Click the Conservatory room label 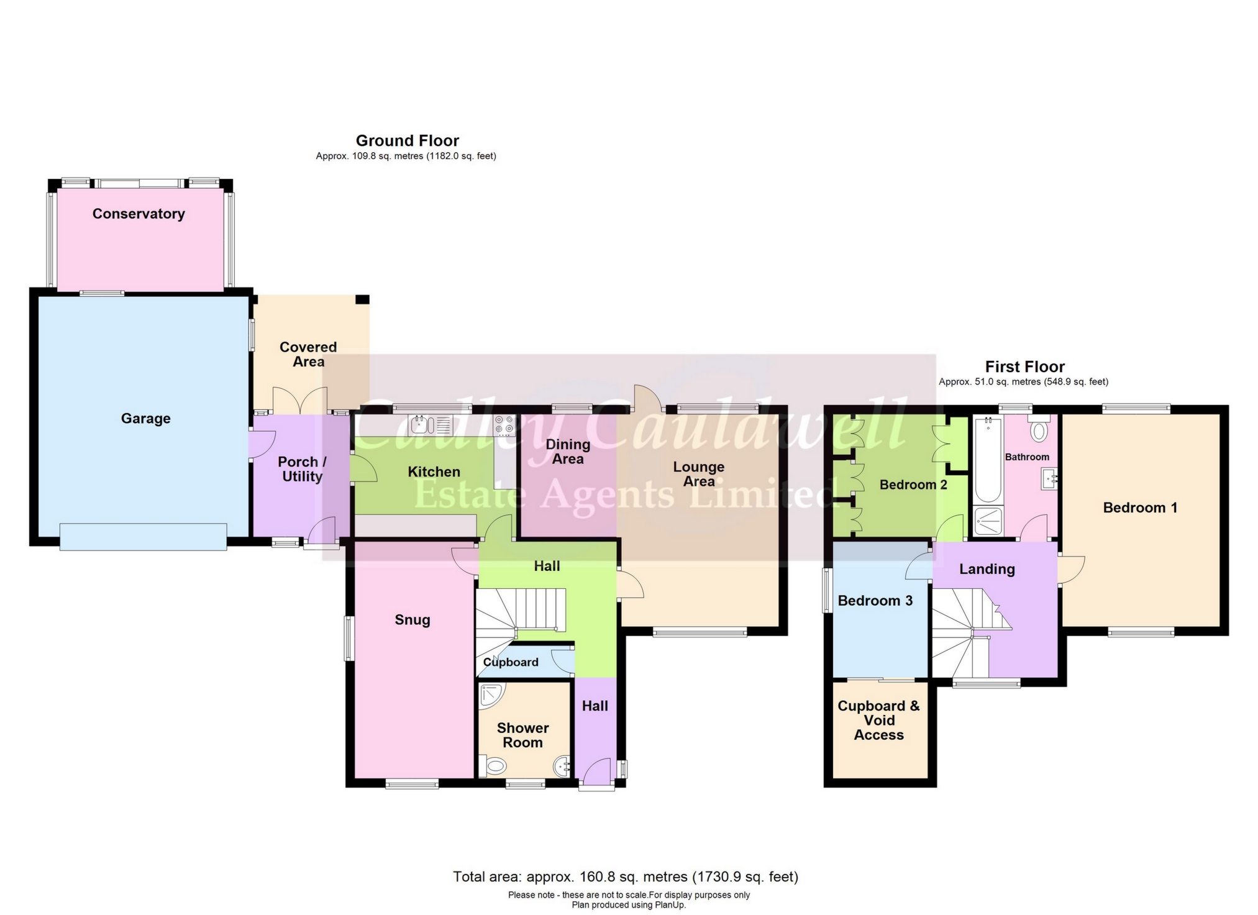pyautogui.click(x=139, y=214)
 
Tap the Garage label pyautogui.click(x=145, y=419)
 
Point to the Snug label pyautogui.click(x=412, y=620)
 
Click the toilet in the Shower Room pyautogui.click(x=495, y=765)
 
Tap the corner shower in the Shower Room pyautogui.click(x=491, y=696)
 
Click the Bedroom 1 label pyautogui.click(x=1140, y=508)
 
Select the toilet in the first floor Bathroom pyautogui.click(x=1039, y=430)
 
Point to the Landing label pyautogui.click(x=987, y=569)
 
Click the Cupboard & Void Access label pyautogui.click(x=878, y=721)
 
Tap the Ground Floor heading pyautogui.click(x=407, y=141)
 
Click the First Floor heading pyautogui.click(x=1024, y=367)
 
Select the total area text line pyautogui.click(x=626, y=876)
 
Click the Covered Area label pyautogui.click(x=308, y=355)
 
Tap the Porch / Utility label pyautogui.click(x=302, y=470)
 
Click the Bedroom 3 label pyautogui.click(x=875, y=601)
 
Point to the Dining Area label pyautogui.click(x=568, y=452)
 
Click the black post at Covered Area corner pyautogui.click(x=362, y=299)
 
